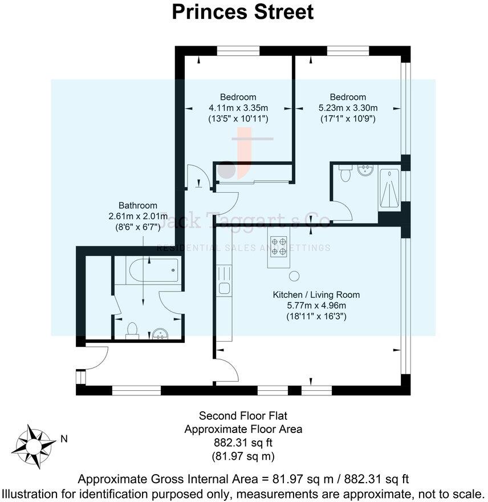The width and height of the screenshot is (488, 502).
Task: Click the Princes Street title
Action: click(x=243, y=13)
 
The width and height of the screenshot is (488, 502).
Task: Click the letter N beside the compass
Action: click(x=64, y=439)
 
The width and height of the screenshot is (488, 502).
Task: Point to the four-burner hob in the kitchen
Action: click(x=279, y=246)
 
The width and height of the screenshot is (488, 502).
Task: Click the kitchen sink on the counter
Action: click(x=224, y=288)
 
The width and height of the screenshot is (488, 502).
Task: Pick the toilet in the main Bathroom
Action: click(x=132, y=330)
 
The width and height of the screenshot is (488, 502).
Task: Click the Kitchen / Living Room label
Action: click(x=316, y=295)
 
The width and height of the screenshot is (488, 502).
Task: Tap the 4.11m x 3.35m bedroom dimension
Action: click(x=238, y=108)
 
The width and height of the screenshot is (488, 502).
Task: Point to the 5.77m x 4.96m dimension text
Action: click(x=316, y=305)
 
